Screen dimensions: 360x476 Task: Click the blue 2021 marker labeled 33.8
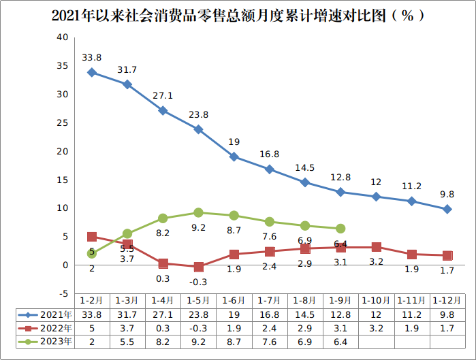(92, 72)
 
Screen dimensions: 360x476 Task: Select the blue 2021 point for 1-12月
(447, 209)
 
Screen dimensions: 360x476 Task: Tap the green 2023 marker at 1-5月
(198, 212)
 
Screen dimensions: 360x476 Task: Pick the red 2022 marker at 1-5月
(198, 267)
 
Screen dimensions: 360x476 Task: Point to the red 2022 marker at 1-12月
(447, 255)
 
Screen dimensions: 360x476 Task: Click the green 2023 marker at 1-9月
(340, 229)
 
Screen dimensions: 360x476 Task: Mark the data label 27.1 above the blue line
(163, 95)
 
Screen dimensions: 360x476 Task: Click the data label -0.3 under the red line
(198, 282)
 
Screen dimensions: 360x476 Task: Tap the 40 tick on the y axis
(62, 37)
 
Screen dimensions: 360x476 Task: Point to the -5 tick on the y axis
(62, 293)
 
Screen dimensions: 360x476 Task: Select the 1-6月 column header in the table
(234, 300)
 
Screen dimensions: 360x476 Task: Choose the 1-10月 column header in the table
(376, 300)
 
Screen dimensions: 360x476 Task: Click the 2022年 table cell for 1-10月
(376, 328)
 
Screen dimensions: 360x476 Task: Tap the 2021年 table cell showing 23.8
(198, 314)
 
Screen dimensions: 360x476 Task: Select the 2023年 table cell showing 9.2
(198, 342)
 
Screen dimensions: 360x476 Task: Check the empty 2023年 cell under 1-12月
(447, 342)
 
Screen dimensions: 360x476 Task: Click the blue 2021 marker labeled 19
(234, 157)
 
